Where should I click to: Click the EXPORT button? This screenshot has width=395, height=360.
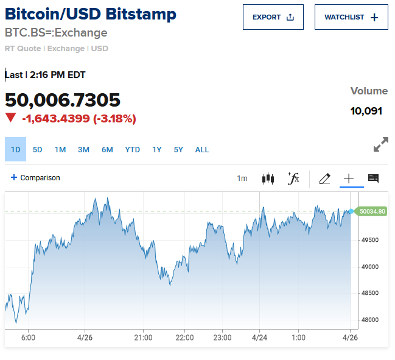[273, 17]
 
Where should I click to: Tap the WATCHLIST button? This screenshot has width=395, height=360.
[351, 17]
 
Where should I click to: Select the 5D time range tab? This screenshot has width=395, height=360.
[38, 149]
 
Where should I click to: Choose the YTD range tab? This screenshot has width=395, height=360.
[133, 149]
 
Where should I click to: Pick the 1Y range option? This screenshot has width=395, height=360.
[157, 149]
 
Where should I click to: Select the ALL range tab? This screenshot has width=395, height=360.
[202, 149]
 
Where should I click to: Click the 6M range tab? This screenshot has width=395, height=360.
[107, 149]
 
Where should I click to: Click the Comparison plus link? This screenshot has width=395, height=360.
[35, 178]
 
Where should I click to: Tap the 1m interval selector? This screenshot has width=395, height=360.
[242, 178]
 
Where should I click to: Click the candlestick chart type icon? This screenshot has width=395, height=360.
[268, 178]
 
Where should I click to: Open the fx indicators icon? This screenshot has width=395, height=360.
[293, 178]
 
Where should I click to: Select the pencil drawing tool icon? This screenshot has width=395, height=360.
[324, 178]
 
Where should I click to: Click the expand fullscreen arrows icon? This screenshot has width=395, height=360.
[380, 145]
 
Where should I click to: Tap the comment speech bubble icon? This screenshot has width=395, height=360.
[373, 178]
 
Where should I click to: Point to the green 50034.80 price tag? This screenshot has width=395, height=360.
[372, 211]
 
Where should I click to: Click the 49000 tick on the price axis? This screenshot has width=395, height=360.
[370, 267]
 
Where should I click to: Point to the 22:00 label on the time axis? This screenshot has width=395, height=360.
[184, 337]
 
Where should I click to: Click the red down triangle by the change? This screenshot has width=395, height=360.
[10, 118]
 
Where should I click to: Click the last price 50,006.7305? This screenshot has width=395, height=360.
[63, 100]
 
